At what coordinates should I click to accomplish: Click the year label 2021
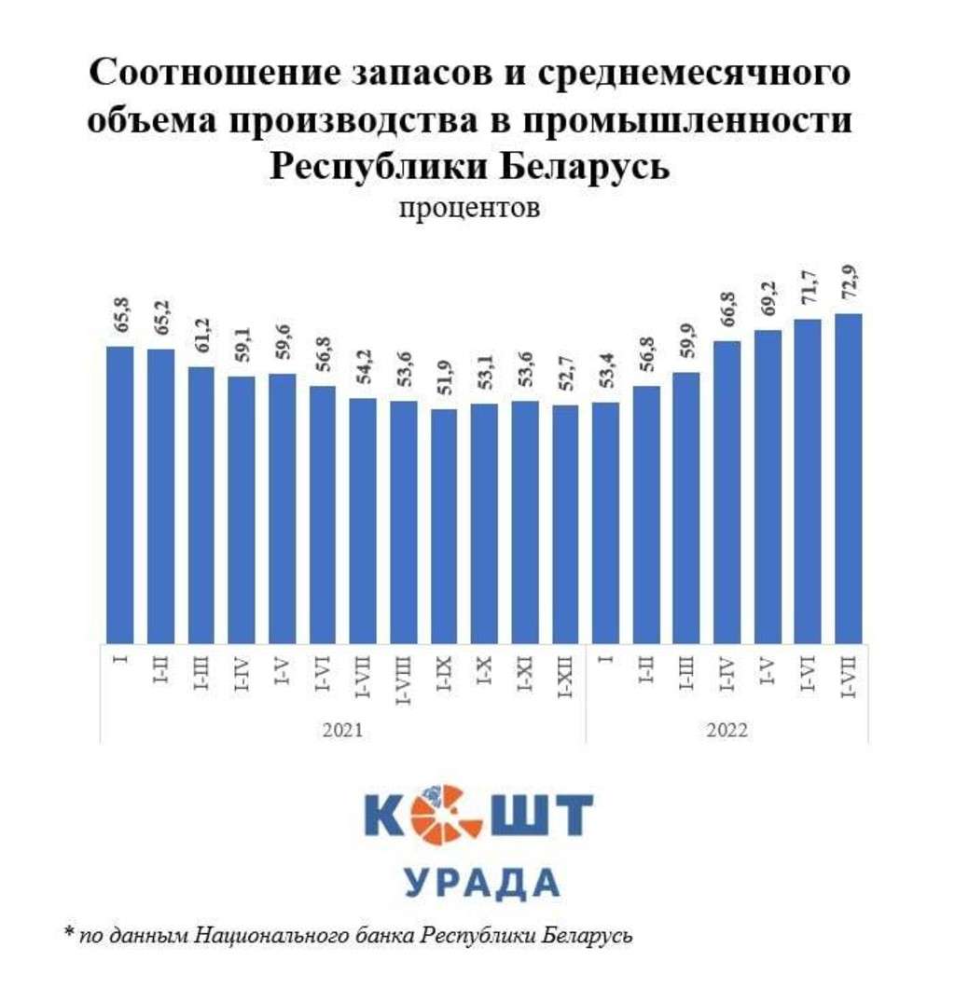tap(342, 729)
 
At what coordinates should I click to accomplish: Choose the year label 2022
tap(727, 729)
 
